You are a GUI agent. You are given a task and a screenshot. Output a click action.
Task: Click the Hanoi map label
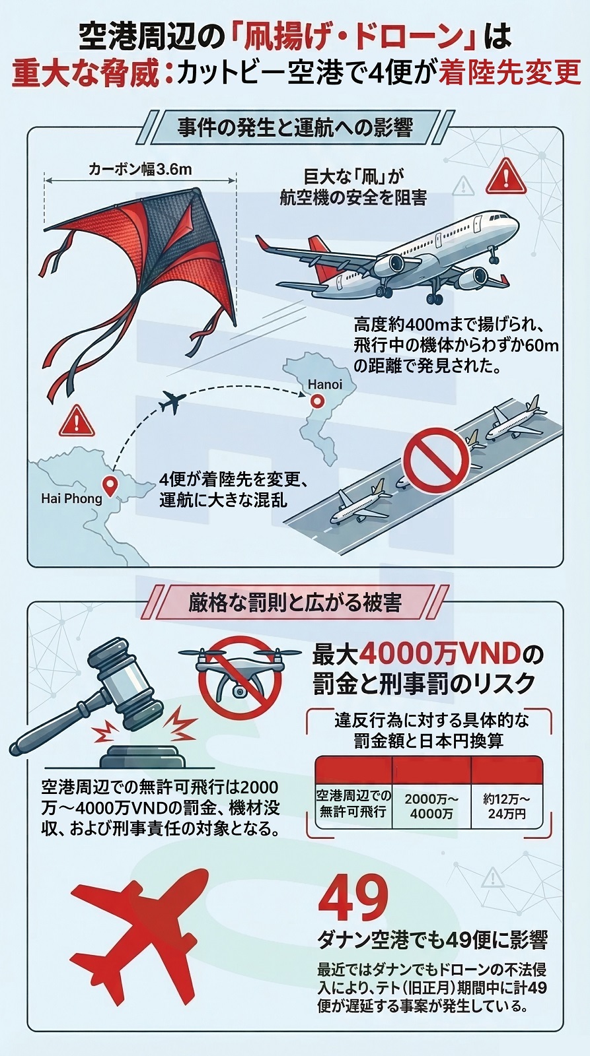325,384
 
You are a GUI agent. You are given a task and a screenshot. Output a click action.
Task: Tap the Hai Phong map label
71,498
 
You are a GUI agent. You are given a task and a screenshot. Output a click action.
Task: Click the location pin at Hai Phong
111,485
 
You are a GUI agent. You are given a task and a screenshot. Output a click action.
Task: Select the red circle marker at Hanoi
317,400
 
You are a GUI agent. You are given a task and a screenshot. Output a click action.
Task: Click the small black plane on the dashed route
172,402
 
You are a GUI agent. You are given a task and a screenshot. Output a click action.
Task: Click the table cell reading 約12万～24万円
507,806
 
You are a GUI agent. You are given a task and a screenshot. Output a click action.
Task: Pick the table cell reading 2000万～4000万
431,806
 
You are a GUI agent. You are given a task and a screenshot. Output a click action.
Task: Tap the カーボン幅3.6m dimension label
140,170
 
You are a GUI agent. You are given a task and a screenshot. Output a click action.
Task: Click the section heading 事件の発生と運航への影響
295,127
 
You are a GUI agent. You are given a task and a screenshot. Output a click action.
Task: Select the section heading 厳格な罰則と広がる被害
295,603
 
